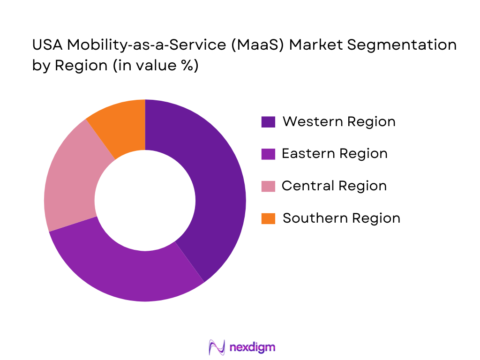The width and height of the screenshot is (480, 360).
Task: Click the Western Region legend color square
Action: [x=268, y=122]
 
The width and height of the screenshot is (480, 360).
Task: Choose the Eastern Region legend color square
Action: [x=268, y=154]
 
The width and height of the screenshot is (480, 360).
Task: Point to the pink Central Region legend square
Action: [x=268, y=186]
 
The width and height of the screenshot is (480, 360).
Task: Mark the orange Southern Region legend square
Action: [x=268, y=218]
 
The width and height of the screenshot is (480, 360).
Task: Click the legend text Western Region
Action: [x=339, y=122]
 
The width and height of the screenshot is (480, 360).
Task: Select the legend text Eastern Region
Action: [x=335, y=154]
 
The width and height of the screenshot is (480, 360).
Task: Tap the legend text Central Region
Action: [x=334, y=186]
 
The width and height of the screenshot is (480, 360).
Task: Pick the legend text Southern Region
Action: [x=342, y=218]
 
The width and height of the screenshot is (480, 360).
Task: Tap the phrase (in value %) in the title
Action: [x=155, y=66]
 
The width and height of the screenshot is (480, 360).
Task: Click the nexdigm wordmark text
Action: [x=253, y=347]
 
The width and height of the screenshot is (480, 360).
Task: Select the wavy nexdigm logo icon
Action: [x=217, y=347]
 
